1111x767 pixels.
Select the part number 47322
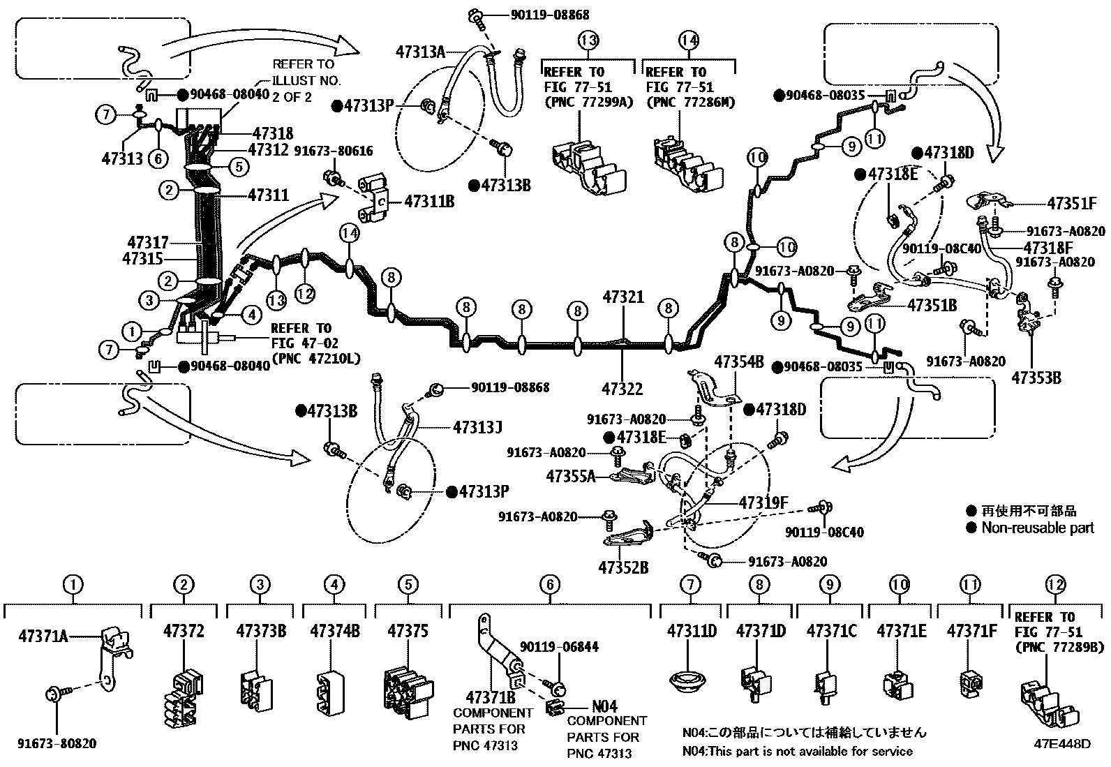pyautogui.click(x=622, y=388)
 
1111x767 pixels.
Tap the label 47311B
pyautogui.click(x=429, y=202)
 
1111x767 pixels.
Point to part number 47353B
pyautogui.click(x=1036, y=378)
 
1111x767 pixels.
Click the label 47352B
pyautogui.click(x=623, y=567)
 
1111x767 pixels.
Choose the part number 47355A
pyautogui.click(x=571, y=477)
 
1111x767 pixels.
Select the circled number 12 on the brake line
pyautogui.click(x=305, y=295)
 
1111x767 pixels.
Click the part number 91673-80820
pyautogui.click(x=57, y=744)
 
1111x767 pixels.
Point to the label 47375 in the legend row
pyautogui.click(x=408, y=631)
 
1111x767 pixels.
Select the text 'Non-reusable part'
pyautogui.click(x=1038, y=528)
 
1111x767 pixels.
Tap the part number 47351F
pyautogui.click(x=1071, y=204)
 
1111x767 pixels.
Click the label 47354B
pyautogui.click(x=739, y=361)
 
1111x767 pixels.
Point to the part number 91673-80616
pyautogui.click(x=333, y=151)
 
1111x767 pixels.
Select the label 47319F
pyautogui.click(x=763, y=502)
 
